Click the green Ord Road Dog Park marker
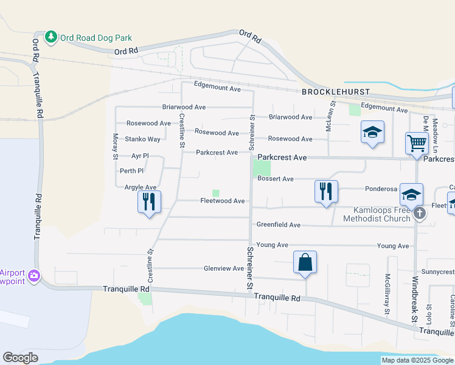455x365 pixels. pyautogui.click(x=51, y=37)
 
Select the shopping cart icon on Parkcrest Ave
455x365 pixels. pyautogui.click(x=417, y=144)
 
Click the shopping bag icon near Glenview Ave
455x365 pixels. pyautogui.click(x=305, y=263)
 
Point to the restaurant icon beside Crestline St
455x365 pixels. pyautogui.click(x=149, y=201)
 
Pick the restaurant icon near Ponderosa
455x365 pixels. pyautogui.click(x=326, y=191)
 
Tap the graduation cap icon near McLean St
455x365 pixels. pyautogui.click(x=372, y=132)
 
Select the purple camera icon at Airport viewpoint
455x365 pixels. pyautogui.click(x=34, y=276)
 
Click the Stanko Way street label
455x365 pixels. pyautogui.click(x=142, y=139)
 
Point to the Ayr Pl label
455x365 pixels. pyautogui.click(x=131, y=156)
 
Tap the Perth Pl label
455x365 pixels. pyautogui.click(x=131, y=172)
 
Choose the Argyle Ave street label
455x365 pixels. pyautogui.click(x=141, y=187)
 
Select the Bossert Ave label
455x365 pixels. pyautogui.click(x=276, y=179)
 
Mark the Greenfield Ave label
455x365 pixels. pyautogui.click(x=278, y=224)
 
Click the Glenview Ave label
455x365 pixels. pyautogui.click(x=224, y=268)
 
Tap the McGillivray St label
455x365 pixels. pyautogui.click(x=386, y=294)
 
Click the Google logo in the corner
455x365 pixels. pyautogui.click(x=20, y=358)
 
